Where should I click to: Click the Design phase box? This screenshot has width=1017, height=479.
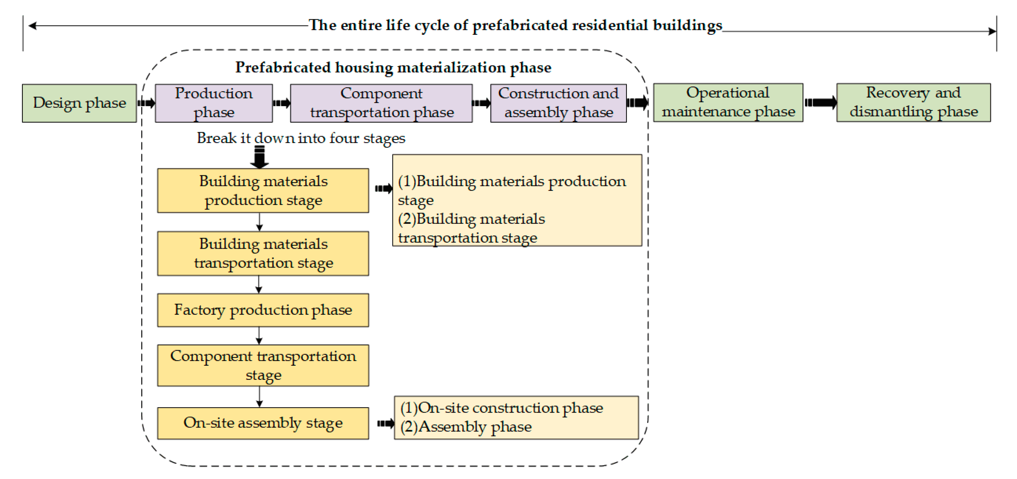[79, 103]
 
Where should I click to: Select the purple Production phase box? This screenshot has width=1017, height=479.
[214, 103]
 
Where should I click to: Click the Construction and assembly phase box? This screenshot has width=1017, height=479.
[558, 103]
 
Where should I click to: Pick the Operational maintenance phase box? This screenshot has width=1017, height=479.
[728, 102]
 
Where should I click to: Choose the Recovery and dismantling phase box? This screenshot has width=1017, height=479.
[913, 102]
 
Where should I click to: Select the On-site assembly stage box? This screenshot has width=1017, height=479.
[263, 423]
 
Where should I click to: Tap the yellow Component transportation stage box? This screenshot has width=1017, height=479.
[263, 365]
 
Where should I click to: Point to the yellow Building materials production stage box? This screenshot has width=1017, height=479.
[263, 190]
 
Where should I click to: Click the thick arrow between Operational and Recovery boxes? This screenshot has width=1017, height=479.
[821, 103]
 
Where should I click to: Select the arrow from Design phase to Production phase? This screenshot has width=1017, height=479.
[146, 103]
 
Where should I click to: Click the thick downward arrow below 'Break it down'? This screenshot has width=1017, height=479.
[260, 157]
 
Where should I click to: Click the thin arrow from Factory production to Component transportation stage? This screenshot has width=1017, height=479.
[259, 336]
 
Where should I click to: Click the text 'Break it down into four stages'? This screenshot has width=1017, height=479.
[301, 138]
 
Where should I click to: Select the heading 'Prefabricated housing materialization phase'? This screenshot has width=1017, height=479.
[393, 67]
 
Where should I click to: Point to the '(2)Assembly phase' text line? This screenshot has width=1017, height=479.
[466, 427]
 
